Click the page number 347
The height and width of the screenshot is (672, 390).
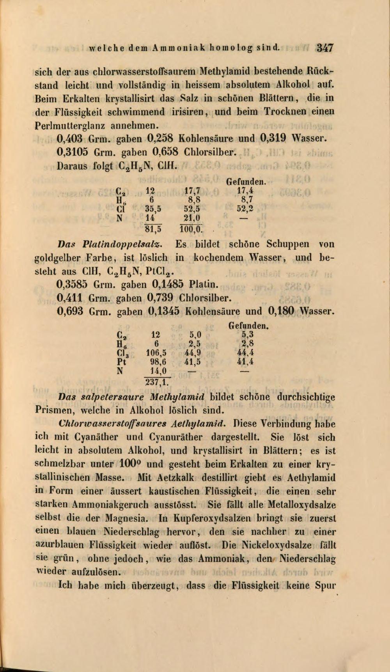click(x=324, y=48)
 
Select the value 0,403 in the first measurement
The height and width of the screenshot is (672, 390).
click(x=71, y=138)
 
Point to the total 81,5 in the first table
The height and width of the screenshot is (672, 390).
click(x=154, y=227)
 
